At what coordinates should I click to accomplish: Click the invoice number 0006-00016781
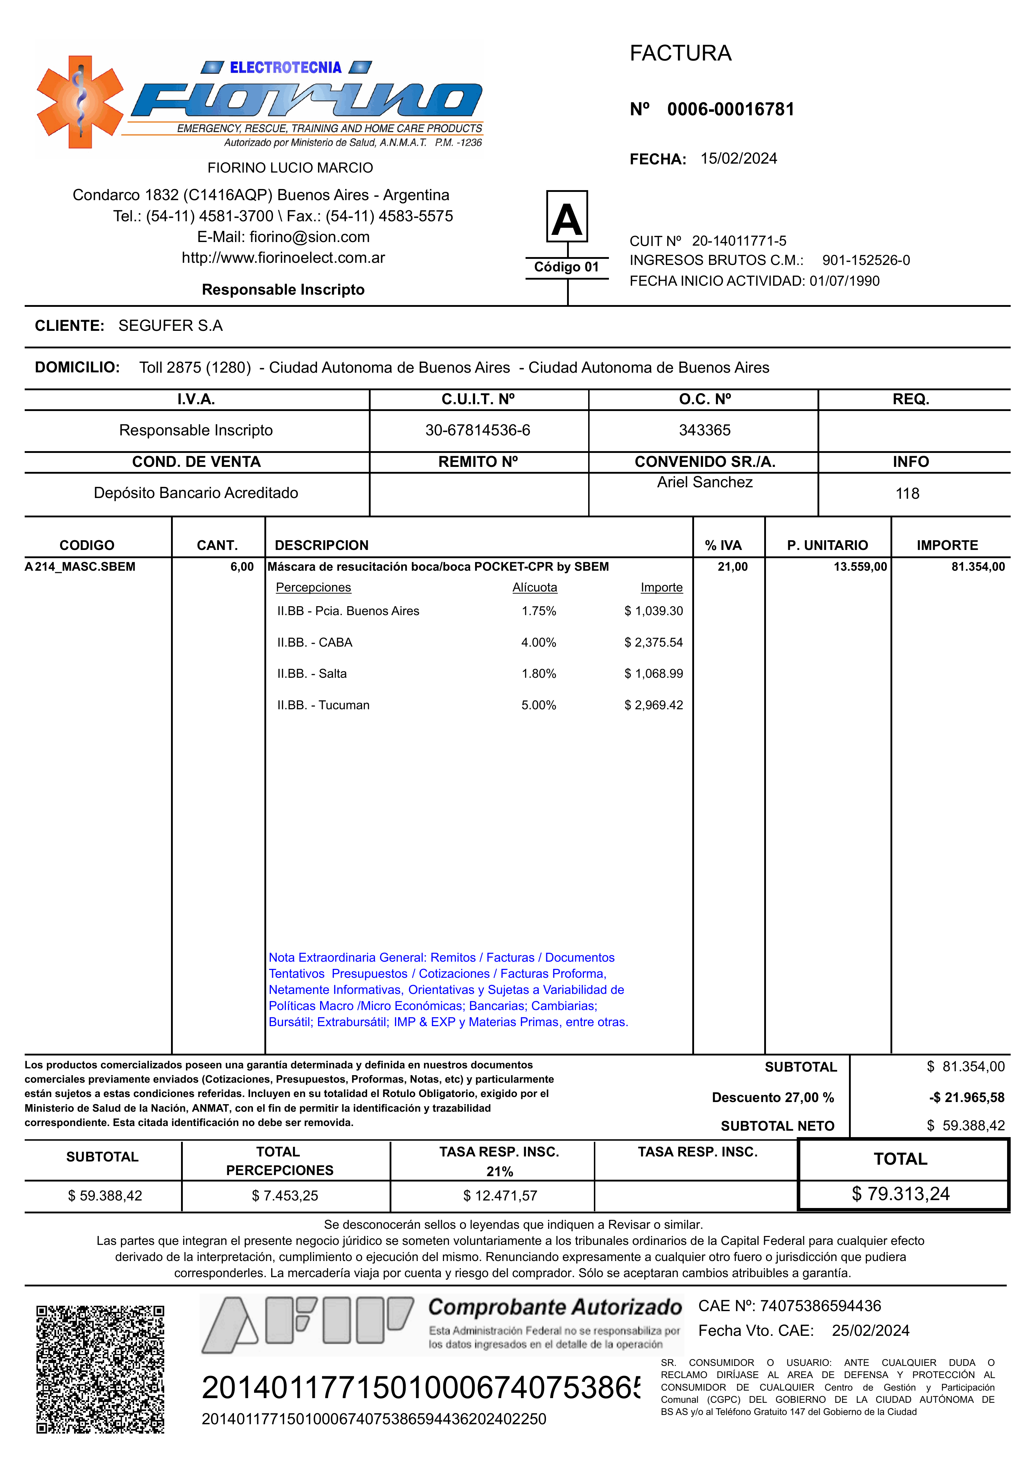[x=730, y=110]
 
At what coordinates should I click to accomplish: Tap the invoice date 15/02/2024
[x=739, y=158]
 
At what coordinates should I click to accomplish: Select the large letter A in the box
[x=567, y=219]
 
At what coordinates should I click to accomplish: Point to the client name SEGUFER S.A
[x=170, y=326]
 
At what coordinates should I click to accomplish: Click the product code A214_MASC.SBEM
[x=80, y=567]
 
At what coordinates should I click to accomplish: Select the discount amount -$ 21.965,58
[x=966, y=1097]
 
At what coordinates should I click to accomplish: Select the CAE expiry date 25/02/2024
[x=870, y=1331]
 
